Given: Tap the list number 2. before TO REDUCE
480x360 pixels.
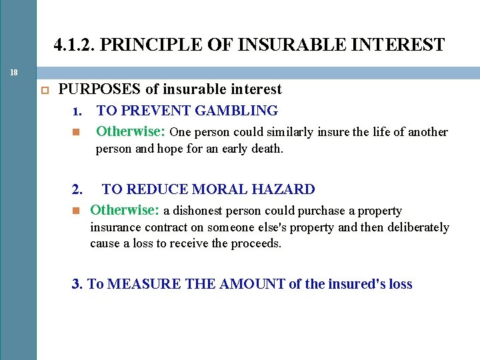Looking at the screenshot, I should click(77, 189).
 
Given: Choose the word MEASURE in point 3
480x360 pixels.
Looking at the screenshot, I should click(139, 284).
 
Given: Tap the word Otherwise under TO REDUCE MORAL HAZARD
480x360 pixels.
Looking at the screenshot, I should click(124, 210).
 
